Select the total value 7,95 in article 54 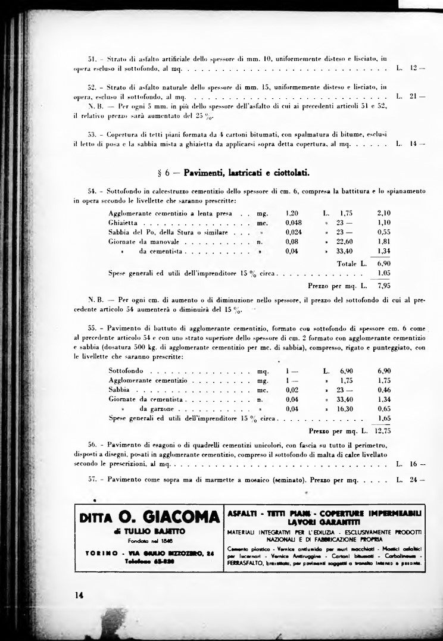pyautogui.click(x=384, y=286)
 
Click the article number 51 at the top pyautogui.click(x=92, y=59)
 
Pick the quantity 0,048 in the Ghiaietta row pyautogui.click(x=294, y=222)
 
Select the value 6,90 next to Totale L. pyautogui.click(x=384, y=262)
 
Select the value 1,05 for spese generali pyautogui.click(x=384, y=273)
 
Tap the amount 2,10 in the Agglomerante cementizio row pyautogui.click(x=384, y=212)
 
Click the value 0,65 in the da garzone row pyautogui.click(x=384, y=409)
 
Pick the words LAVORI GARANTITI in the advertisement pyautogui.click(x=324, y=521)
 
